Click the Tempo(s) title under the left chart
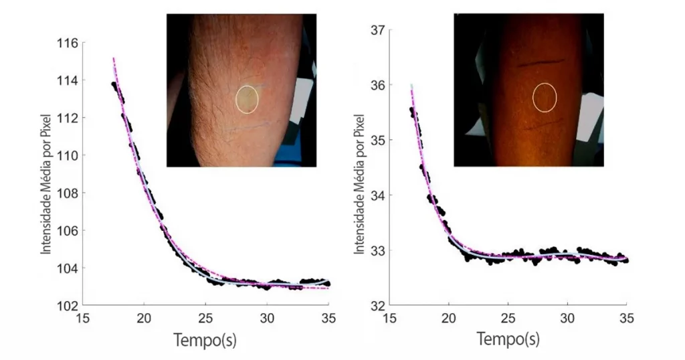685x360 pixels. pos(205,340)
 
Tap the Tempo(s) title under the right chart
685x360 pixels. pos(508,339)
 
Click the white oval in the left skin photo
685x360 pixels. pos(247,99)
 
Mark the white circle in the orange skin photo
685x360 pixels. pos(545,97)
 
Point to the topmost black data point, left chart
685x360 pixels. pos(114,84)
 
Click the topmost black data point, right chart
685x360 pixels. pos(412,110)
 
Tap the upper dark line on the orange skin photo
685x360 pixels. pos(543,62)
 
